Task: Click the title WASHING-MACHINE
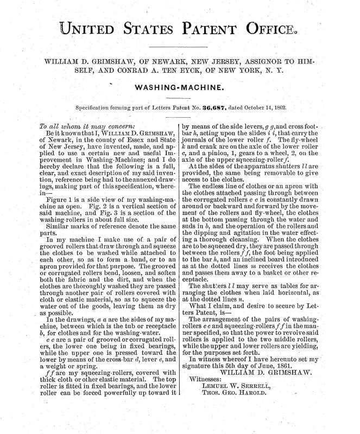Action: [x=180, y=87]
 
